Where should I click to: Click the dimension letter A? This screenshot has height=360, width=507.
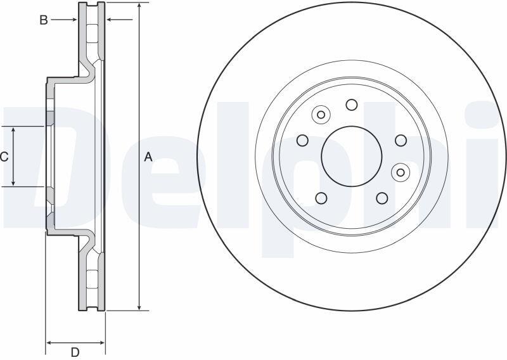[148, 157]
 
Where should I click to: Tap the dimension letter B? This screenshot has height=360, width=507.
[44, 20]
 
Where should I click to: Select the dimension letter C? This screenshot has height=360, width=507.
[4, 157]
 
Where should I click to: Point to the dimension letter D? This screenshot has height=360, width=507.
[75, 352]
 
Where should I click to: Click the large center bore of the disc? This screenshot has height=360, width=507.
[352, 156]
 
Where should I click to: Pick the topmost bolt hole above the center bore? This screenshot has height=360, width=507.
[352, 105]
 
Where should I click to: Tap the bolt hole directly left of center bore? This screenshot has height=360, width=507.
[303, 140]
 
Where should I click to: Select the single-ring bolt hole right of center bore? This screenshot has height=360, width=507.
[401, 140]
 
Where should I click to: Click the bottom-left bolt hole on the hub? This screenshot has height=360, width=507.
[321, 198]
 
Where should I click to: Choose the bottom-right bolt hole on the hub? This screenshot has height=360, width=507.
[382, 198]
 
